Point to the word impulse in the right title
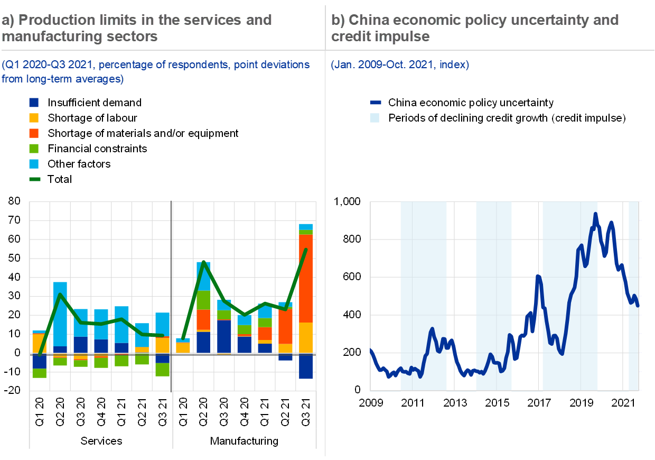[406, 36]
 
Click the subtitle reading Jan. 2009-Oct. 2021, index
[400, 65]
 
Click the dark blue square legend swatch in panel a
[33, 103]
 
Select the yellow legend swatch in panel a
[33, 118]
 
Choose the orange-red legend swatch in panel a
[33, 133]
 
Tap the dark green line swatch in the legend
[34, 179]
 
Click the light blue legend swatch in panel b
[374, 118]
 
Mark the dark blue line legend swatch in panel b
[375, 103]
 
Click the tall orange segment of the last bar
[306, 278]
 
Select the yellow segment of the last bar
[306, 337]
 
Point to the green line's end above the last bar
[306, 250]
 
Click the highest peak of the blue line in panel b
[595, 214]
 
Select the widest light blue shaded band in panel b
[570, 296]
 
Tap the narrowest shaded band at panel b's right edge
[633, 296]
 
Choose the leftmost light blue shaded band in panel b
[424, 296]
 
